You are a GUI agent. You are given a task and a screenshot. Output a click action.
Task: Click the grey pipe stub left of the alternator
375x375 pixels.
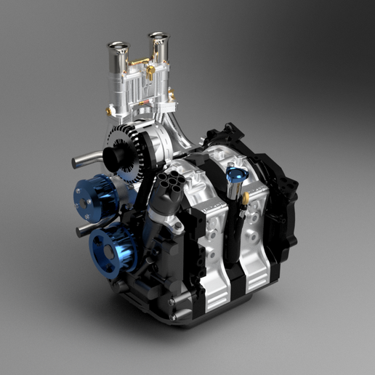81,161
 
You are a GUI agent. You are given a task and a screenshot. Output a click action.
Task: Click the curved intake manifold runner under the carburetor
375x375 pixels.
182,134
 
